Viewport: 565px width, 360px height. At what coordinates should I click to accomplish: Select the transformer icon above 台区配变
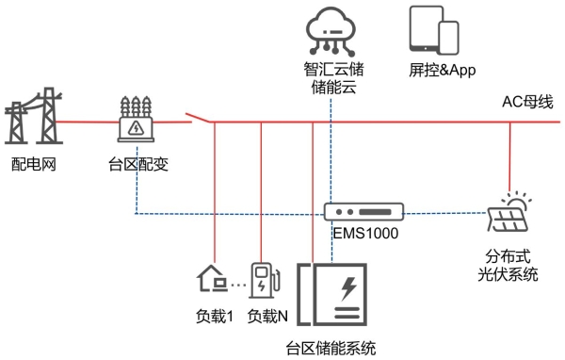(138, 119)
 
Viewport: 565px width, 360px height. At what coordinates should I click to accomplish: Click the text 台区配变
(137, 167)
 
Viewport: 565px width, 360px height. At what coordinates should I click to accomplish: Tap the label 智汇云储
(333, 70)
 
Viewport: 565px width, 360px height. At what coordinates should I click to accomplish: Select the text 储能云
(333, 89)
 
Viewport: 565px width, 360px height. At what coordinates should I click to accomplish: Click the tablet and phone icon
(434, 30)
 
